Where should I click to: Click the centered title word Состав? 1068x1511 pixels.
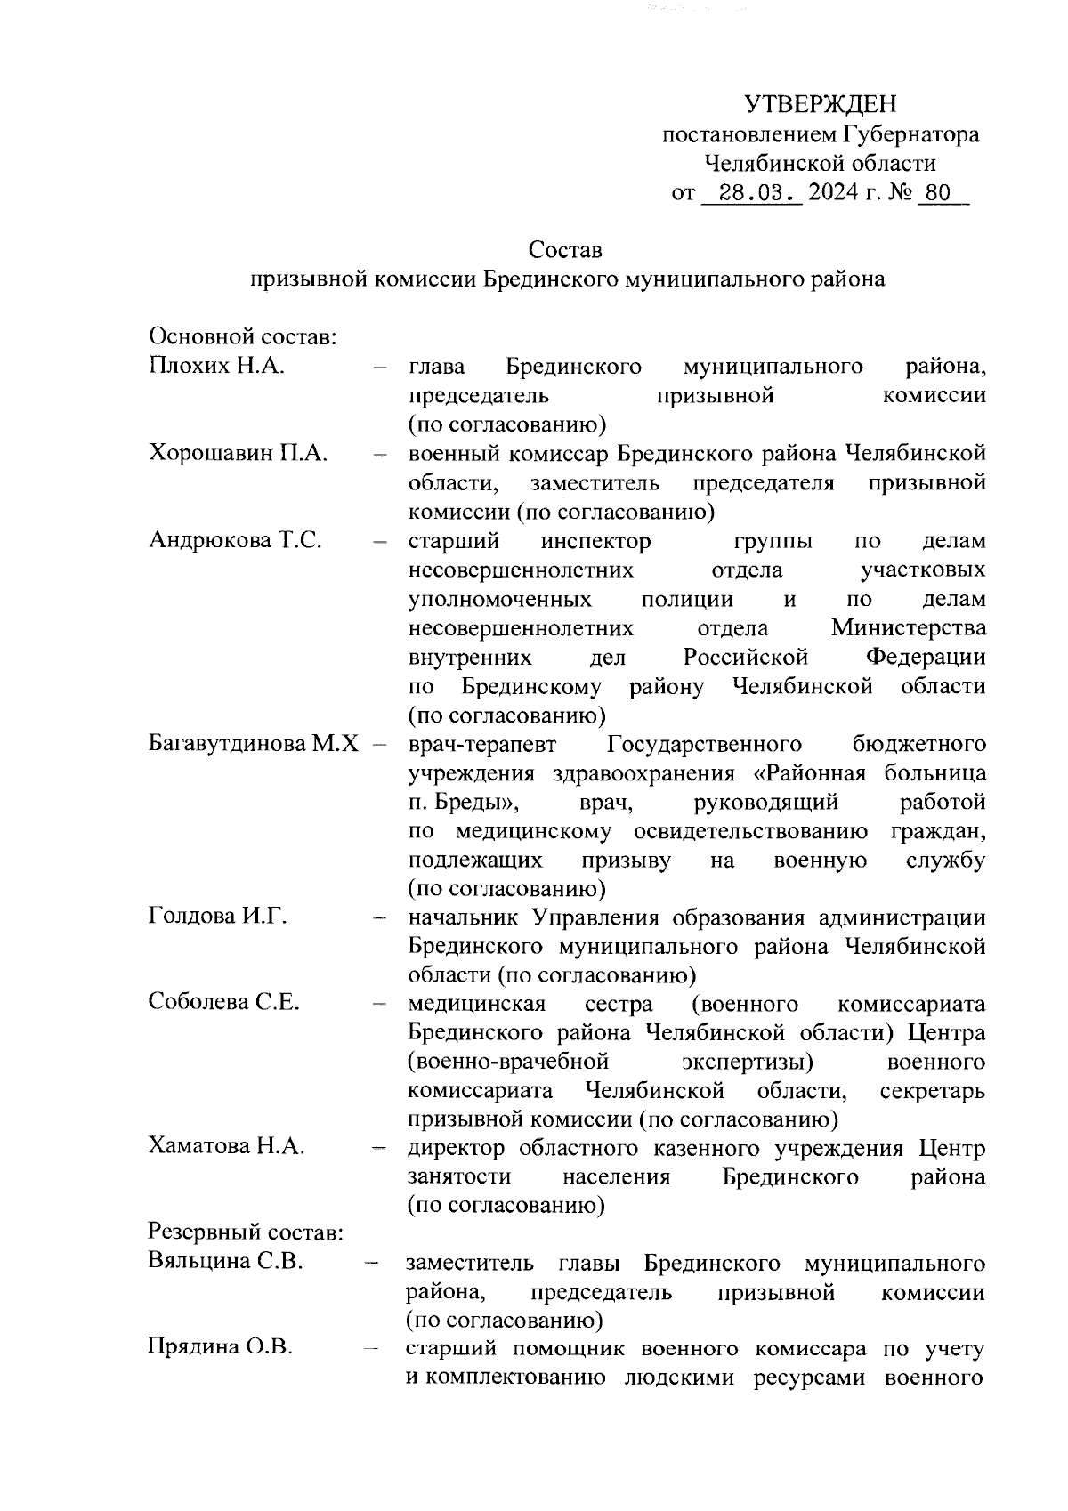(x=565, y=249)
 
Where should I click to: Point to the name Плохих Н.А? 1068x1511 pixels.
(x=216, y=366)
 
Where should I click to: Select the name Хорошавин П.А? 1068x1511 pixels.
(x=239, y=453)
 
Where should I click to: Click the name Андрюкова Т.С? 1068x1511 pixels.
(x=235, y=540)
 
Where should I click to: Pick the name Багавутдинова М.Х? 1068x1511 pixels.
(x=254, y=743)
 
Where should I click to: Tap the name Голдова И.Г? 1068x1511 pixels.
(x=218, y=916)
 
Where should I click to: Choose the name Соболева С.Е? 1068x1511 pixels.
(x=223, y=1002)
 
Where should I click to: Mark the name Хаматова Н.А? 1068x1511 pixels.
(x=227, y=1146)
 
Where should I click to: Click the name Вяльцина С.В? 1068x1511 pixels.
(x=226, y=1262)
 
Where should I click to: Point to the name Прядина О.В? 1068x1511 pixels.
(x=220, y=1348)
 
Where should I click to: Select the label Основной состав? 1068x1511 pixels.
(x=241, y=337)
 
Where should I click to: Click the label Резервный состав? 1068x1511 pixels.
(x=245, y=1233)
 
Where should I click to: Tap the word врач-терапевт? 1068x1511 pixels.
(x=481, y=743)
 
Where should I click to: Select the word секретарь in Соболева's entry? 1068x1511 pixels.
(x=932, y=1090)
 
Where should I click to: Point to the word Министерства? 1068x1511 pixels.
(x=908, y=628)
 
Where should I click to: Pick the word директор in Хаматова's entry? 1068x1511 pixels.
(x=456, y=1148)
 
